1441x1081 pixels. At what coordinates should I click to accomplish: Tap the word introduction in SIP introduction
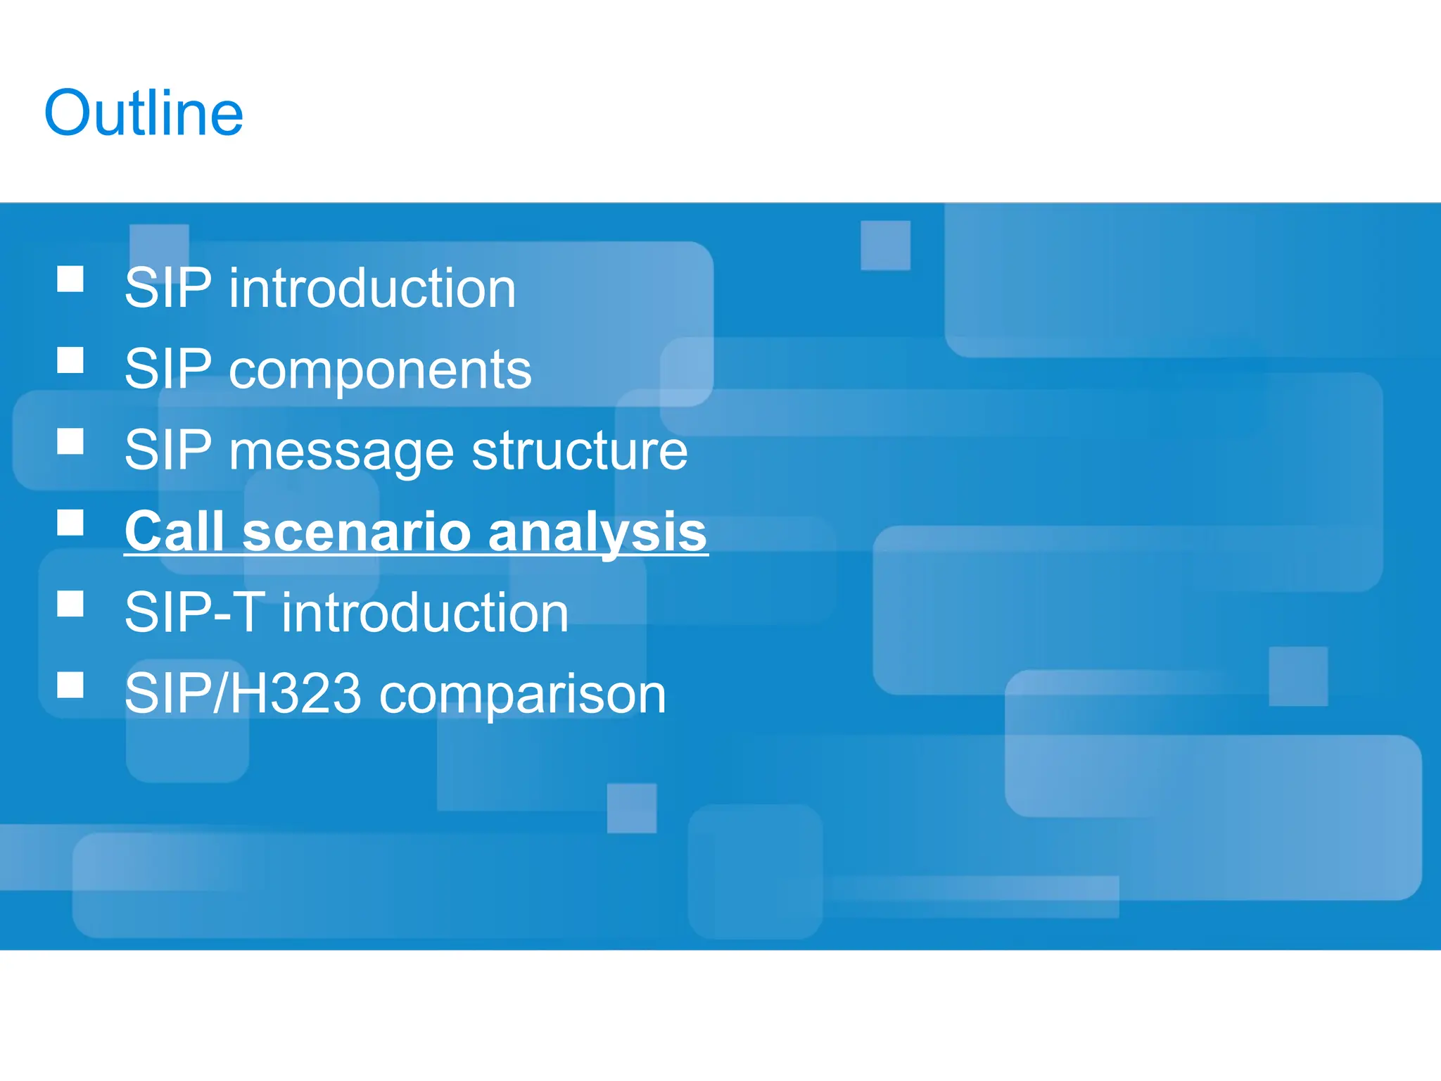pos(372,289)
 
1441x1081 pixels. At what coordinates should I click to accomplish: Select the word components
pos(380,371)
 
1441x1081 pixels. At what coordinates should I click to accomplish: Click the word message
pos(341,452)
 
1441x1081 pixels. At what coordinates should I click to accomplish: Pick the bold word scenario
pos(356,533)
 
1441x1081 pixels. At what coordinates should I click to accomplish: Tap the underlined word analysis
pos(597,533)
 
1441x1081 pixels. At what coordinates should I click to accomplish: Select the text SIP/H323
pos(243,694)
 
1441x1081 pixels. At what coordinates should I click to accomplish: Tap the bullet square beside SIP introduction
pos(70,279)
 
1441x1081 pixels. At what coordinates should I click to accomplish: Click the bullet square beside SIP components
pos(70,360)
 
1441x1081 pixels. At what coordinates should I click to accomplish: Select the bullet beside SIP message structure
pos(70,441)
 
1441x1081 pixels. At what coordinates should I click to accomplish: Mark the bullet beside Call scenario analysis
pos(70,522)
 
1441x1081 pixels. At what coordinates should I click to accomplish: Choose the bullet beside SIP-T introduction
pos(70,603)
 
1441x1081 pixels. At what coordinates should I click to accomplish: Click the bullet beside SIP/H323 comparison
pos(70,684)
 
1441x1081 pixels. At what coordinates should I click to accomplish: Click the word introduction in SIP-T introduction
pos(425,613)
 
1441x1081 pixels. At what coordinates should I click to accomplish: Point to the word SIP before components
pos(167,369)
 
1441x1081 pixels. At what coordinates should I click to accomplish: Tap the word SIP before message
pos(167,450)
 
